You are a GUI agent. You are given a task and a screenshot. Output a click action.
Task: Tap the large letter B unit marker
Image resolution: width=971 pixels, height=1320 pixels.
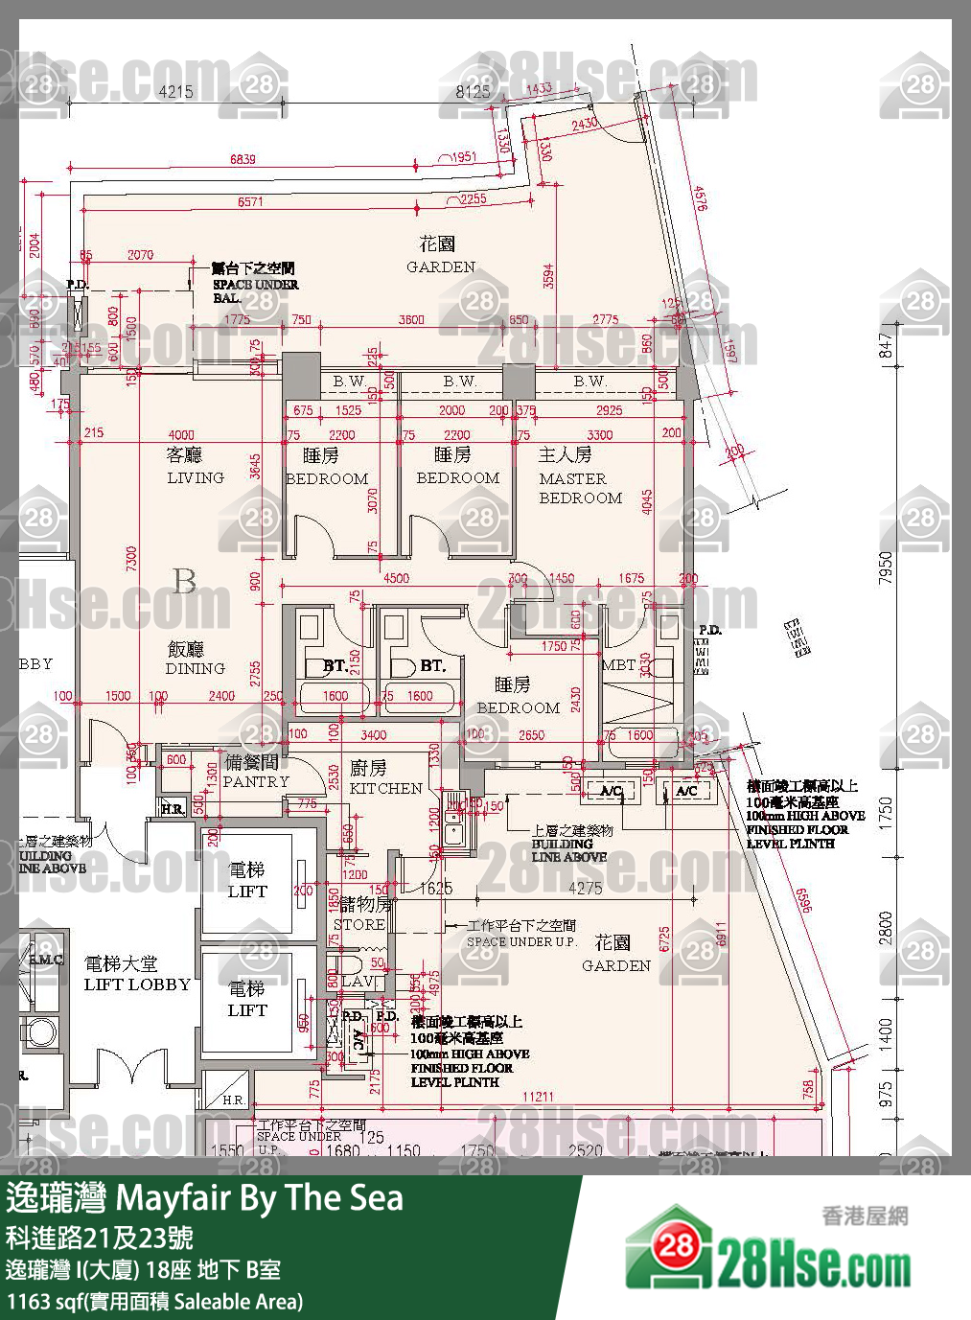184,581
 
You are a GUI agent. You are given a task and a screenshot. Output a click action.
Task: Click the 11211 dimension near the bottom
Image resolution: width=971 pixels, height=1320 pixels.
538,1097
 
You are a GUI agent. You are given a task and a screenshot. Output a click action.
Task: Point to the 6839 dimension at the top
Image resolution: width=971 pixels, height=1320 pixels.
243,159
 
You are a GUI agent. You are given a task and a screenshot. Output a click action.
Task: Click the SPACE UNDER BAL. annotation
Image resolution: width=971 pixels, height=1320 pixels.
254,283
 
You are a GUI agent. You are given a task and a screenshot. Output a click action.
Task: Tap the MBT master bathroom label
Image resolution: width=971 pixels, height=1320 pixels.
617,664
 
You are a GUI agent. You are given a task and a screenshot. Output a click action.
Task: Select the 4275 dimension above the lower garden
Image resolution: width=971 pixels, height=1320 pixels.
585,889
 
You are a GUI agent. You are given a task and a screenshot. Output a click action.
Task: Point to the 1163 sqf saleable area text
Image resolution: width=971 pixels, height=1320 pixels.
154,1301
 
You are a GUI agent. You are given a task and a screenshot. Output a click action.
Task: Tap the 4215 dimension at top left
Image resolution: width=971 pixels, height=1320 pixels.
175,92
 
